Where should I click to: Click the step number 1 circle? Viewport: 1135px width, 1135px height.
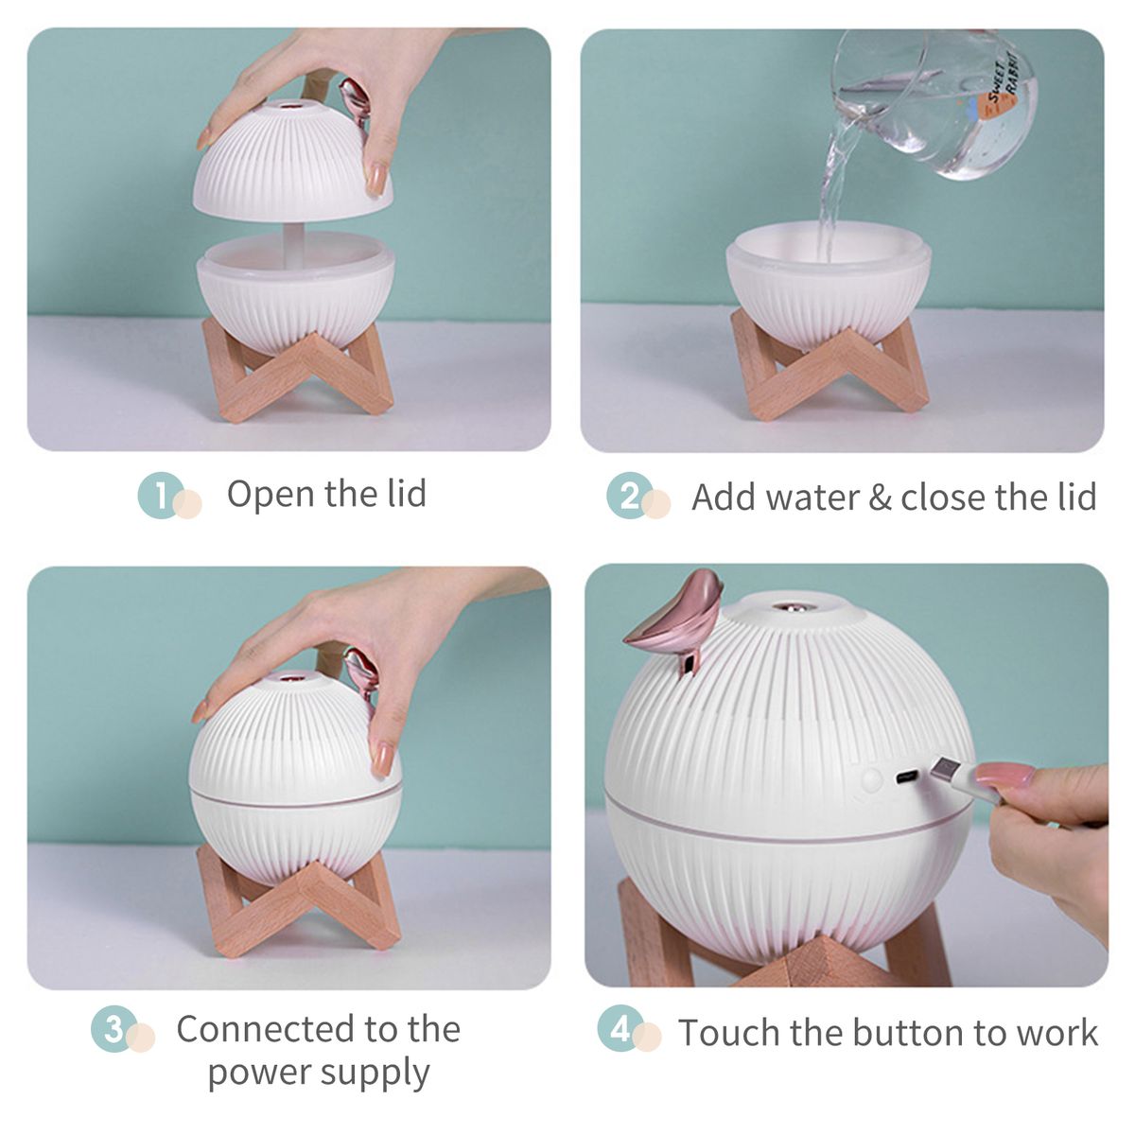160,495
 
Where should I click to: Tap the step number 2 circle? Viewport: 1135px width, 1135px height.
629,496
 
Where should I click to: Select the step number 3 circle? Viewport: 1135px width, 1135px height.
113,1028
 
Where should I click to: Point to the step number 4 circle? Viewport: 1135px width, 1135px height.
620,1028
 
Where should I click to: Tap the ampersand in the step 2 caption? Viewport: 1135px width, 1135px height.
880,498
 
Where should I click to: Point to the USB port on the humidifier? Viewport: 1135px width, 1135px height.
907,777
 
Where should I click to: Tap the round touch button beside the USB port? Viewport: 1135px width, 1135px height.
871,778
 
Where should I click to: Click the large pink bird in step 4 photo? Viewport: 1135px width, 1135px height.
677,621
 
